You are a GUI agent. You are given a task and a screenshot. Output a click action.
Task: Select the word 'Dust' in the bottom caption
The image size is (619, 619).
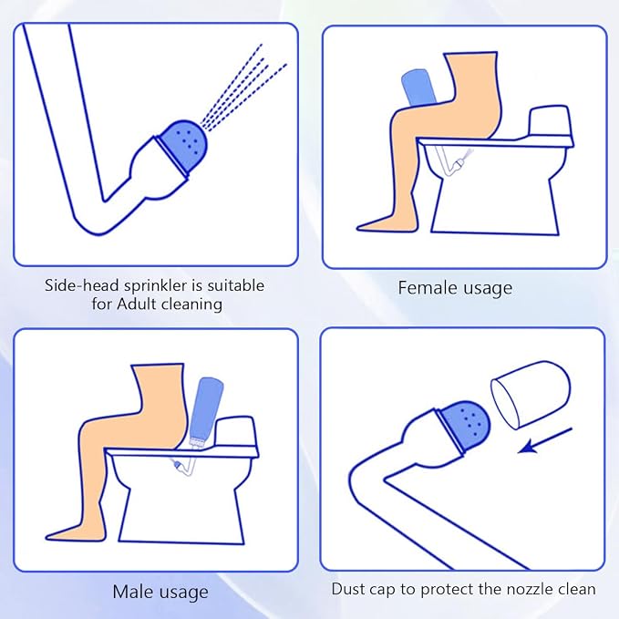[x=346, y=589]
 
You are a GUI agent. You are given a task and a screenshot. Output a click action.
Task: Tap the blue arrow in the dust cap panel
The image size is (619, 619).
[x=545, y=440]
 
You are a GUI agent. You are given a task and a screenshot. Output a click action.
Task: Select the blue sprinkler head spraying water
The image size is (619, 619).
[x=182, y=146]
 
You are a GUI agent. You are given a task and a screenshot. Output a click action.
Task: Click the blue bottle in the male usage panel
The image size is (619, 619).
[x=205, y=410]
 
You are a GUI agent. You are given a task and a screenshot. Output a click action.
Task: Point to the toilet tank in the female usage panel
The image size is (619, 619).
[x=549, y=122]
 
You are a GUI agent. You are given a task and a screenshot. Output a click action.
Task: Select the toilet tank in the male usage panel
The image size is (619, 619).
[x=235, y=433]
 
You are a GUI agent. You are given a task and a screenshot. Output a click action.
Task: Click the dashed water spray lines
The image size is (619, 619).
[x=242, y=88]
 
